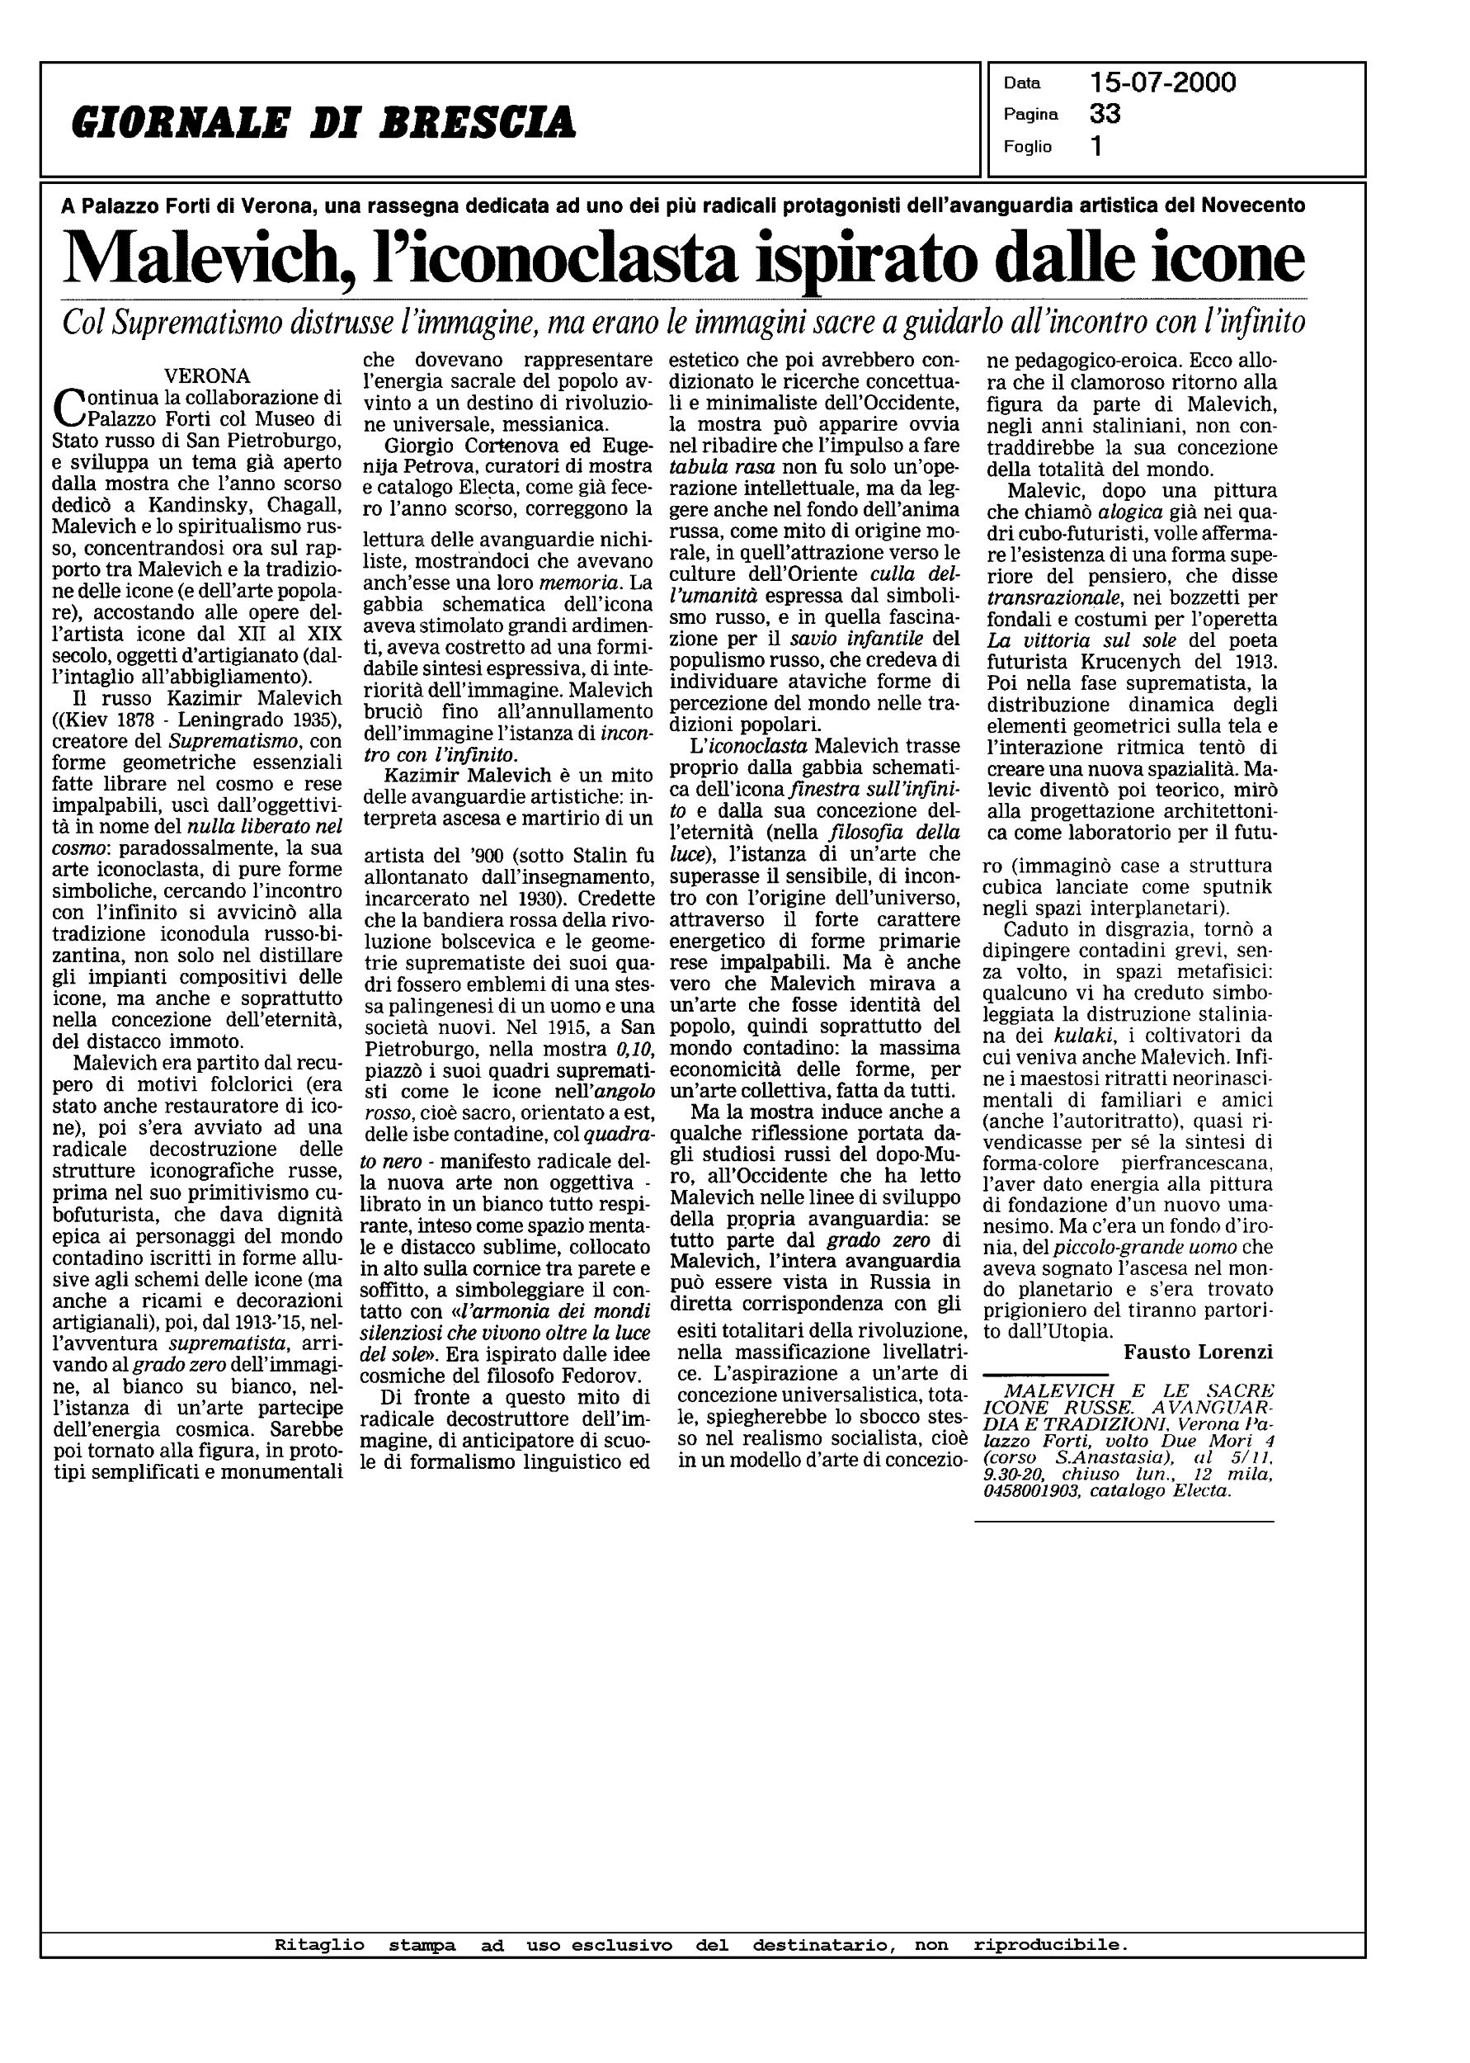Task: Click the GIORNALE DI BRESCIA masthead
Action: tap(323, 122)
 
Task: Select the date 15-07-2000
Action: tap(1162, 83)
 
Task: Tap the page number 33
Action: tap(1105, 114)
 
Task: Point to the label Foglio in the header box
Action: tap(1027, 147)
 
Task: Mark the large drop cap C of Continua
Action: tap(67, 408)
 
